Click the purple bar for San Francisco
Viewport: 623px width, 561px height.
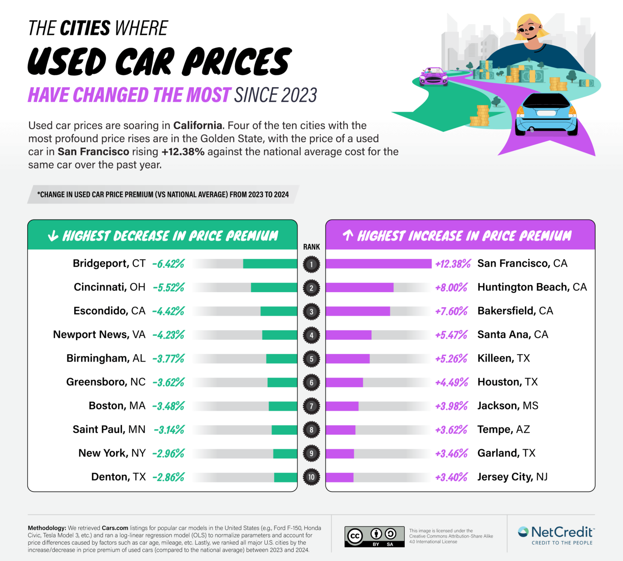(x=378, y=264)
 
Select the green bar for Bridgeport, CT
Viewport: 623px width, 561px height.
(x=270, y=264)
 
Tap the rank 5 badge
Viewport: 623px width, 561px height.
(x=311, y=359)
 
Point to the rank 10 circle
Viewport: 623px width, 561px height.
(x=311, y=477)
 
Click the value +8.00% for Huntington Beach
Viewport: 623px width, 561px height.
(x=451, y=288)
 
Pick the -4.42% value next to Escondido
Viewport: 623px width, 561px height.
(x=168, y=311)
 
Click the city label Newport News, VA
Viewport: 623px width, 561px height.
(x=99, y=335)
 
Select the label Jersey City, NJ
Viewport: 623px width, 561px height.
(x=512, y=477)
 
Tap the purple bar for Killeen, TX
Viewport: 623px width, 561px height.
(x=348, y=359)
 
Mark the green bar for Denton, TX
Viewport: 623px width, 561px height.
(x=286, y=477)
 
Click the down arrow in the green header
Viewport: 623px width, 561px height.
(x=53, y=236)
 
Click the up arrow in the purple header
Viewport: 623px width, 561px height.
(x=348, y=235)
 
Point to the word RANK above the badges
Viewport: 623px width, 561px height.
(x=311, y=247)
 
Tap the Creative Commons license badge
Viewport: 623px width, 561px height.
(x=374, y=537)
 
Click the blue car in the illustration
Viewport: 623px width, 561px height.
(x=546, y=115)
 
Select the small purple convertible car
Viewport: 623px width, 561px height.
(x=434, y=77)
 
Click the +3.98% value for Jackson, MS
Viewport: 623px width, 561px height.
(x=451, y=406)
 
